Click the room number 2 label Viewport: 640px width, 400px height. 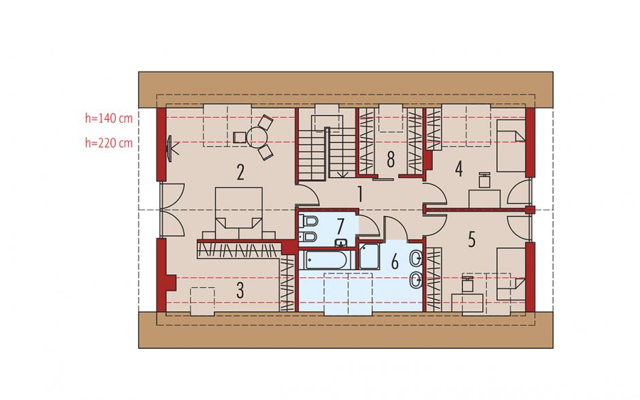[x=240, y=172]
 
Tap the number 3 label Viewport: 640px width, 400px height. [x=240, y=291]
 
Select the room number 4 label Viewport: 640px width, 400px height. [x=459, y=169]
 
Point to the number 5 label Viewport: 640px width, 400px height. [x=472, y=239]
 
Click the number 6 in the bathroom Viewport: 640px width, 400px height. [x=395, y=262]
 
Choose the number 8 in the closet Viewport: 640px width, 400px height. [x=391, y=159]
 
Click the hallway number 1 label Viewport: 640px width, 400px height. [x=359, y=194]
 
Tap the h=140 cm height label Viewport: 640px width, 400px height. [x=109, y=118]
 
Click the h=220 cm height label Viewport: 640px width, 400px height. [x=109, y=143]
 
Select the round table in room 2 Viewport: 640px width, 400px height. [x=257, y=136]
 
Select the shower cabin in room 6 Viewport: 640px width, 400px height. [x=370, y=256]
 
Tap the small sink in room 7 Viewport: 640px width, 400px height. [x=341, y=243]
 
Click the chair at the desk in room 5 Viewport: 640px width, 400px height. [x=468, y=284]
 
